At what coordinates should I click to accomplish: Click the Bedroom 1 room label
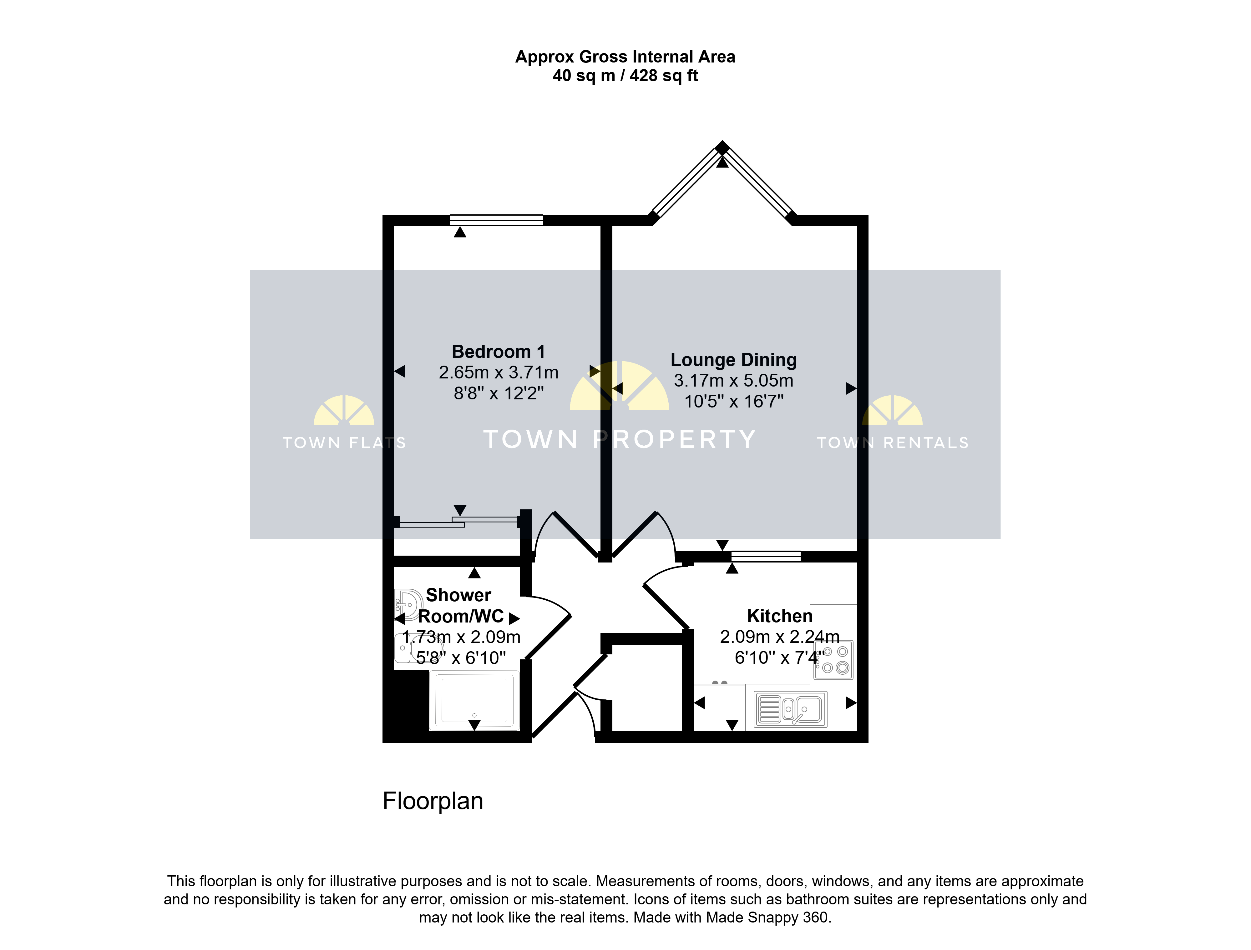pos(499,352)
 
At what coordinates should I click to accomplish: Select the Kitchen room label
pos(780,616)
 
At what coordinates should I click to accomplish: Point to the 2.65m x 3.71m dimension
pos(499,372)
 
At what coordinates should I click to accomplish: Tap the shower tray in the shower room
pos(474,700)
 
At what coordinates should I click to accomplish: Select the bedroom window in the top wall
pos(496,220)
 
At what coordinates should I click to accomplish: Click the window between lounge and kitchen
pos(766,557)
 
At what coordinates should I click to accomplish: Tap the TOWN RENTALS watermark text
pos(893,443)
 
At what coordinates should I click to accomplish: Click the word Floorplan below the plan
pos(433,801)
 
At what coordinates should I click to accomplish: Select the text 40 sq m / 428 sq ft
pos(625,76)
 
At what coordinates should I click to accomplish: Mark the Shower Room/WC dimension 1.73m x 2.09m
pos(461,637)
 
